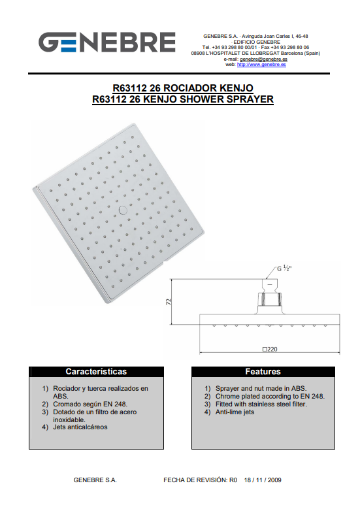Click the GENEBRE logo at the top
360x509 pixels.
coord(107,42)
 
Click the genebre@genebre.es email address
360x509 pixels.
coord(263,59)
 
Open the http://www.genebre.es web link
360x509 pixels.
coord(261,64)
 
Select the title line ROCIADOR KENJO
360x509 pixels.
coord(183,88)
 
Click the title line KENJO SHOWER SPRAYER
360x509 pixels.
coord(183,99)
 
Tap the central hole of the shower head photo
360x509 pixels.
coord(123,210)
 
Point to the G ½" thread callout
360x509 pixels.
coord(284,269)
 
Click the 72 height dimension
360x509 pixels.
coord(169,302)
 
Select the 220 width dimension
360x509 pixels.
coord(270,350)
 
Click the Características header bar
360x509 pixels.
coord(97,372)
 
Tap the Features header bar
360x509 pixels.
coord(263,372)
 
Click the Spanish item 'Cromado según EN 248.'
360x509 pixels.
coord(90,404)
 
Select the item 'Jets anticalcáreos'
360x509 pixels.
coord(80,427)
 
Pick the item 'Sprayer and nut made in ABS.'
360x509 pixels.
coord(261,389)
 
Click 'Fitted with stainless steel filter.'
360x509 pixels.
coord(261,404)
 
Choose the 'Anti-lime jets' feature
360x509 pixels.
coord(235,412)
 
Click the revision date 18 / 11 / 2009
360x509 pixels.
coord(263,480)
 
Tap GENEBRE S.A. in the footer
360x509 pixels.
coord(95,480)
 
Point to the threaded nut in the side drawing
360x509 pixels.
coord(270,299)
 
